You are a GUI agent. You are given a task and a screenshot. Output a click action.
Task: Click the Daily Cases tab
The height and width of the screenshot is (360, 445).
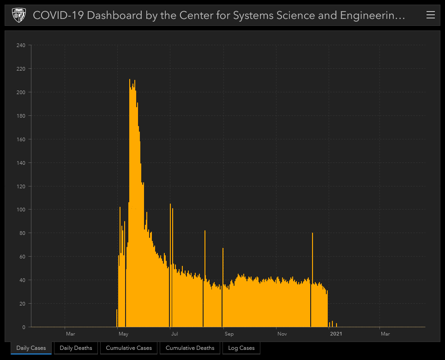click(31, 348)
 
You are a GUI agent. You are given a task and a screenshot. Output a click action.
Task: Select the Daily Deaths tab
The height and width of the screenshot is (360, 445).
click(76, 348)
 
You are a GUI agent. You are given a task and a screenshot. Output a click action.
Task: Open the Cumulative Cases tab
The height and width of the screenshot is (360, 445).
click(129, 348)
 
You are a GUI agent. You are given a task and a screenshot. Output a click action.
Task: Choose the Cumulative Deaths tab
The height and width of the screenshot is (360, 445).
click(190, 348)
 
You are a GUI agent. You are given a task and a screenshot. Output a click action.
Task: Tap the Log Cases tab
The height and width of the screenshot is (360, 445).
click(241, 348)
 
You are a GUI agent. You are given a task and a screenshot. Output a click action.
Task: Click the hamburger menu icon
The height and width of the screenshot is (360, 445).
click(430, 15)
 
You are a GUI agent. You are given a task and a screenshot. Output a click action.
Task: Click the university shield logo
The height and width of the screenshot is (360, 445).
click(18, 15)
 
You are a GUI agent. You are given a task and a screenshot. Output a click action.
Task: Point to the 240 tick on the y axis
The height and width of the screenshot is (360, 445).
click(21, 45)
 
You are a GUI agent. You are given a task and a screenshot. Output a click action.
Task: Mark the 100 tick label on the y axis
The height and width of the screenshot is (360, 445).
click(21, 210)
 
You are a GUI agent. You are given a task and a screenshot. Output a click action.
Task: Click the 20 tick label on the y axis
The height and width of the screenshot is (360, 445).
click(22, 304)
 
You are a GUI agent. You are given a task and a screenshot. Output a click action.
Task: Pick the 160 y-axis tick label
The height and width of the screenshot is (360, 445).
click(21, 139)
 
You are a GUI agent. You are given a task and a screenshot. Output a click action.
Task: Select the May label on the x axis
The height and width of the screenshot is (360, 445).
click(123, 334)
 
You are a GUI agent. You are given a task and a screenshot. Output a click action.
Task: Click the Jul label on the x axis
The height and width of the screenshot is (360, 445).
click(174, 334)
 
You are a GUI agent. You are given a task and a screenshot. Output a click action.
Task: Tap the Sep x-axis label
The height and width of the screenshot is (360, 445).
click(229, 334)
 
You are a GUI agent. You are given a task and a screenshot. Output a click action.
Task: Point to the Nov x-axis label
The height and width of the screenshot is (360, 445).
click(282, 334)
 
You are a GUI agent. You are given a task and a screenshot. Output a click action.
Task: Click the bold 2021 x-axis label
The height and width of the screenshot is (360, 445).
click(336, 334)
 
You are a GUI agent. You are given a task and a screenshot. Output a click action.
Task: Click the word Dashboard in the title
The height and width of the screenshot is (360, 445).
click(114, 15)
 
